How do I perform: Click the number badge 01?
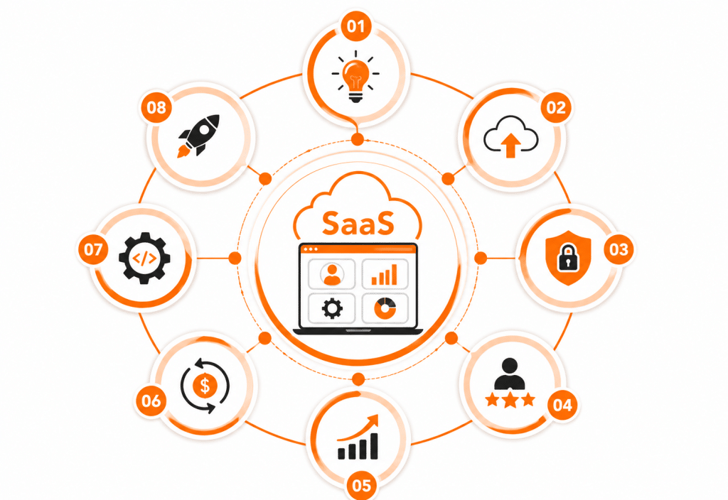click(355, 26)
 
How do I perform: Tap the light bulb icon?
click(355, 77)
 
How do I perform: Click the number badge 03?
click(619, 249)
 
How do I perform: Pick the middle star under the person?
click(510, 400)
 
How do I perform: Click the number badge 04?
click(562, 405)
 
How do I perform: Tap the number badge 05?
click(361, 486)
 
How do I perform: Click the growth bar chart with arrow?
click(358, 437)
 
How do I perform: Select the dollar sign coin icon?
click(205, 386)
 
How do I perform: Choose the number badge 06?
click(151, 401)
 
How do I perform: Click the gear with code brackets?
click(144, 259)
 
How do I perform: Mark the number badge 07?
click(92, 249)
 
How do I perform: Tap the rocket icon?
click(198, 136)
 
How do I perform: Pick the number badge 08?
click(156, 108)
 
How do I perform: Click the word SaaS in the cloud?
click(358, 223)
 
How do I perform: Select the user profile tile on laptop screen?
click(331, 274)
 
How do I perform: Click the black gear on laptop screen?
click(332, 309)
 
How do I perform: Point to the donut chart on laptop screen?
click(385, 309)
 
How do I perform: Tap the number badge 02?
click(556, 108)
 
